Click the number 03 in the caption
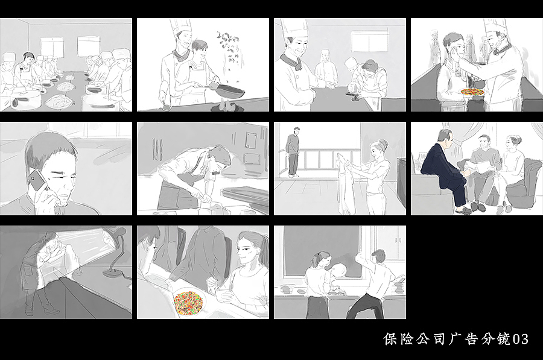(x=521, y=339)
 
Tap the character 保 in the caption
(x=390, y=339)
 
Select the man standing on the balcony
(x=293, y=151)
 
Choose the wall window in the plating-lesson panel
(x=369, y=40)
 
